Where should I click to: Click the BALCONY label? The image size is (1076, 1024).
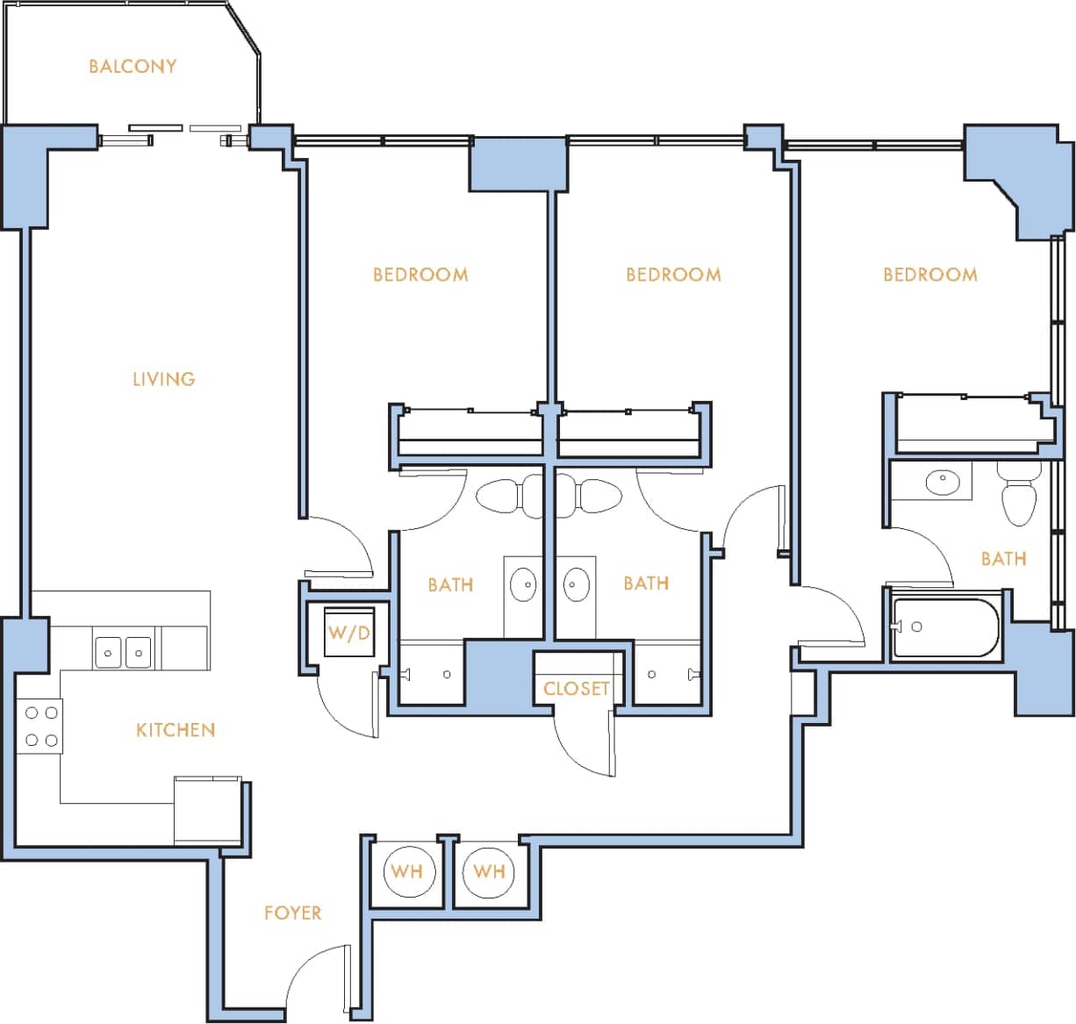(x=133, y=67)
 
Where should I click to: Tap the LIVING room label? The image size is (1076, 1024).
(x=164, y=379)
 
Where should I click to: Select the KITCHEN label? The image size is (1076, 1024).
(x=176, y=729)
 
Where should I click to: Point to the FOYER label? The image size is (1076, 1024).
(x=292, y=913)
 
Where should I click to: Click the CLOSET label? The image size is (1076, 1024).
(x=576, y=689)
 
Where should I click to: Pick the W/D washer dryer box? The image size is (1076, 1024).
(x=349, y=632)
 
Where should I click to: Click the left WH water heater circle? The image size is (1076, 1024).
(x=407, y=871)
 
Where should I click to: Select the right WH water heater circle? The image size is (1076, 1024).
(x=489, y=871)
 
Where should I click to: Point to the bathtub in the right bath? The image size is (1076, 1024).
(x=946, y=627)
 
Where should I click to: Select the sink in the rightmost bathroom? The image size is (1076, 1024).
(x=943, y=481)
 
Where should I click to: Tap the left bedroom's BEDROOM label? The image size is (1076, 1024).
(x=420, y=275)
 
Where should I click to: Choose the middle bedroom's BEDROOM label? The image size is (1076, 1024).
(x=673, y=275)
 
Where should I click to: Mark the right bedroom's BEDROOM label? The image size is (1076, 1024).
(x=929, y=275)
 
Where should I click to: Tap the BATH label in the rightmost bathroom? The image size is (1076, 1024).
(x=1003, y=558)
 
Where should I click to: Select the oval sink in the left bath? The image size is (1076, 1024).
(x=523, y=584)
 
